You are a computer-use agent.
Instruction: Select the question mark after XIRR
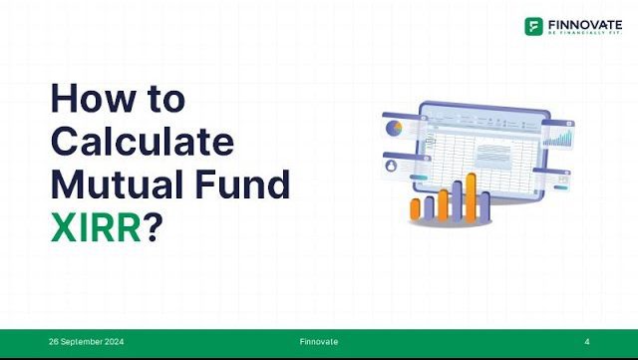154,226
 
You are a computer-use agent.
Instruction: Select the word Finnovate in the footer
318,342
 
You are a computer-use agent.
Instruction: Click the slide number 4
587,342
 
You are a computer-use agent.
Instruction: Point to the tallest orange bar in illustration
472,194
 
